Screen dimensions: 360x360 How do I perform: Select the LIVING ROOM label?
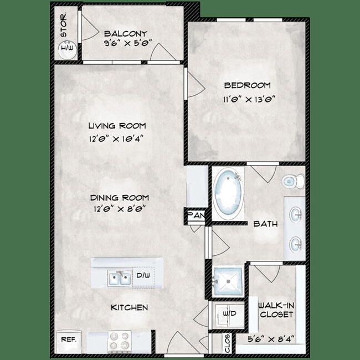(120, 126)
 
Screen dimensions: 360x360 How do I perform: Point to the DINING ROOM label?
(121, 197)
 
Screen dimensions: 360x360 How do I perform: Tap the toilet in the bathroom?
(293, 181)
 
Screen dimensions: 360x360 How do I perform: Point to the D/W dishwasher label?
(141, 275)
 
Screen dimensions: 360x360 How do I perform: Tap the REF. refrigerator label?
(68, 339)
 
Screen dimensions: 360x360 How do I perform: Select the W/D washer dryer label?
(229, 314)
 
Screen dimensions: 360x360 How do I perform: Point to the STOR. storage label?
(64, 25)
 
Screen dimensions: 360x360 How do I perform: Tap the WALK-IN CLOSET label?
(275, 310)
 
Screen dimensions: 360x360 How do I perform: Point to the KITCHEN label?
(129, 307)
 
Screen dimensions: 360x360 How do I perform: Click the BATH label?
(265, 224)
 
